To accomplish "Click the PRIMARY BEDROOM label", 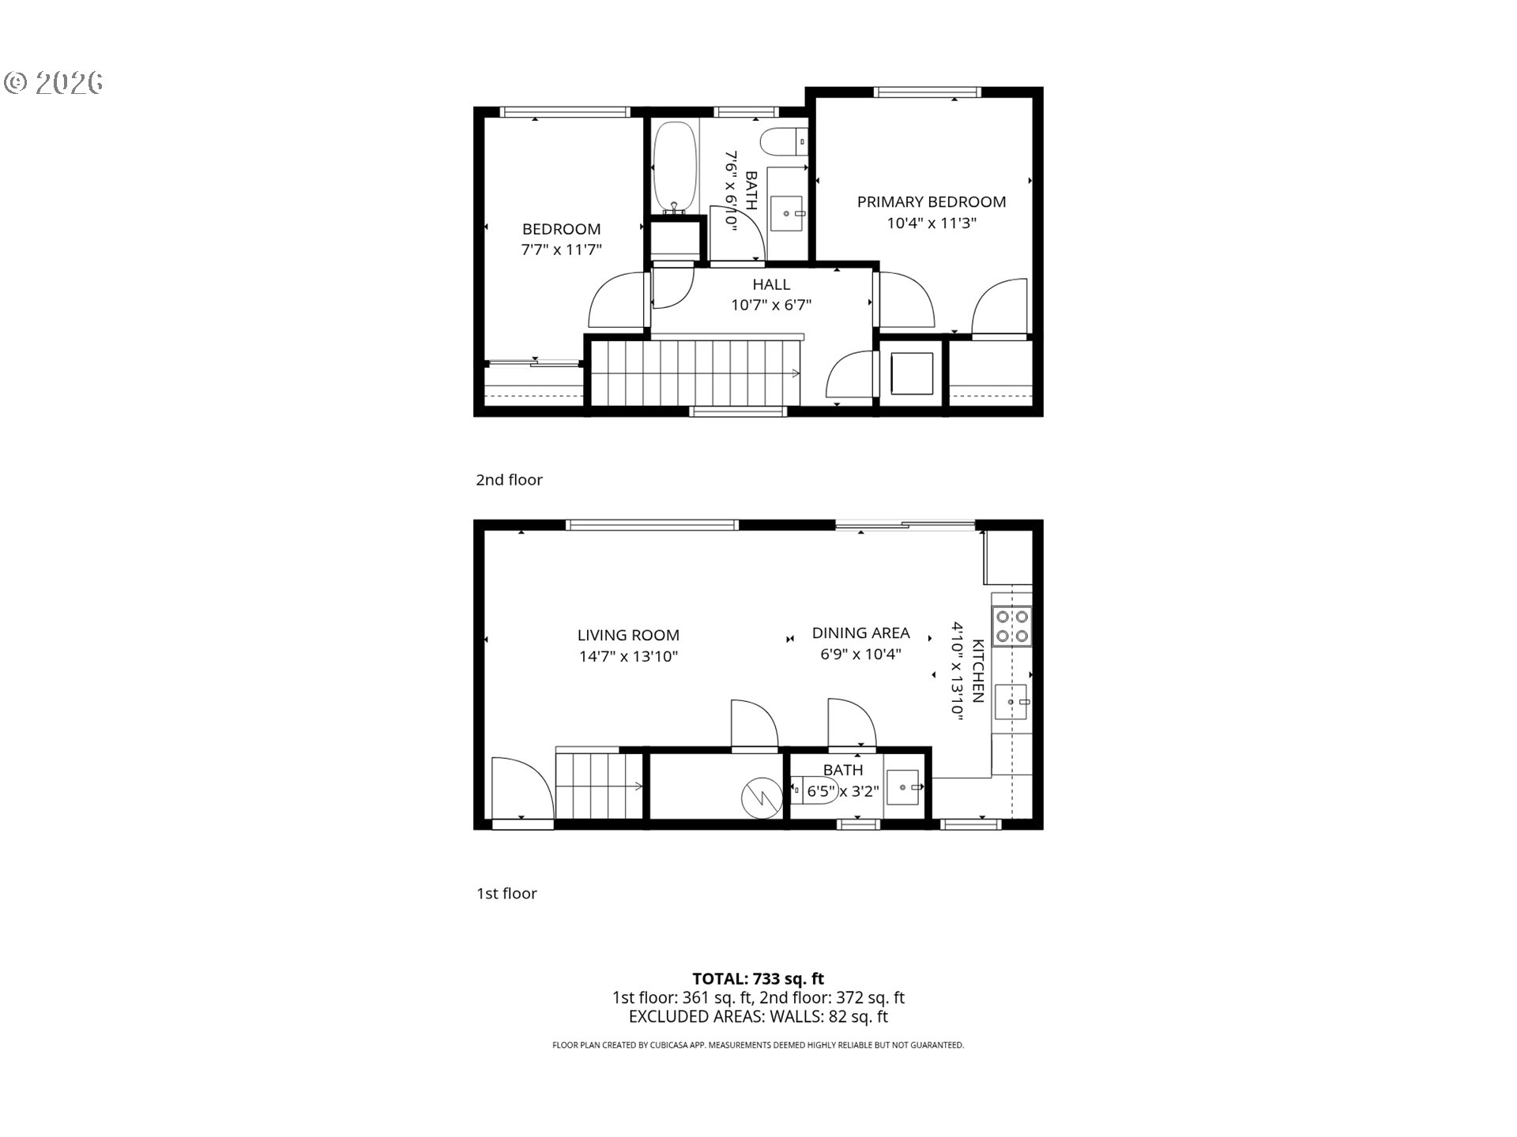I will click(x=931, y=202).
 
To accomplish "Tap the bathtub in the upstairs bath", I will click(x=675, y=167).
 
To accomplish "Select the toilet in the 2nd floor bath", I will click(x=781, y=143).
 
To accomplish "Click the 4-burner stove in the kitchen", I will click(x=1011, y=626).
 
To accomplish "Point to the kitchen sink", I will click(x=1011, y=702).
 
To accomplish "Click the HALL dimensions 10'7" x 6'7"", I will click(x=770, y=305).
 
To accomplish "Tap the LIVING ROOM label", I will click(x=628, y=635).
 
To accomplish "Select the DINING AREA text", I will click(x=860, y=633).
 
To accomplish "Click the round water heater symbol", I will click(x=761, y=797).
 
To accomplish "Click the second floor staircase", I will click(x=695, y=373).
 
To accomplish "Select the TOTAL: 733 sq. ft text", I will click(x=758, y=979).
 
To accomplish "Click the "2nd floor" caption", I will click(x=509, y=480).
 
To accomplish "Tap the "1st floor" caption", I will click(x=506, y=894).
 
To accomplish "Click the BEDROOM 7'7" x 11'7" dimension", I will click(x=561, y=250).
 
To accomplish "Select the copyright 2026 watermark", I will click(x=54, y=83).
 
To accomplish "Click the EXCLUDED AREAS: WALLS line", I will click(x=758, y=1017).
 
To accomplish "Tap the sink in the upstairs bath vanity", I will click(x=787, y=213).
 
